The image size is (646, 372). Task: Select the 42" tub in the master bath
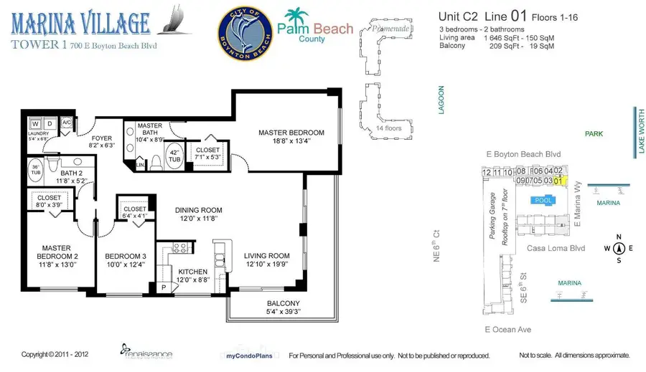pyautogui.click(x=175, y=157)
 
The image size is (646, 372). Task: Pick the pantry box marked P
pyautogui.click(x=164, y=287)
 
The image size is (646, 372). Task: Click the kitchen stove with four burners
pyautogui.click(x=180, y=249)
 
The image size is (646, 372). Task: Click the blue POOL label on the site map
pyautogui.click(x=543, y=201)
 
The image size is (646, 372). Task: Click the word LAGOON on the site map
pyautogui.click(x=441, y=100)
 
